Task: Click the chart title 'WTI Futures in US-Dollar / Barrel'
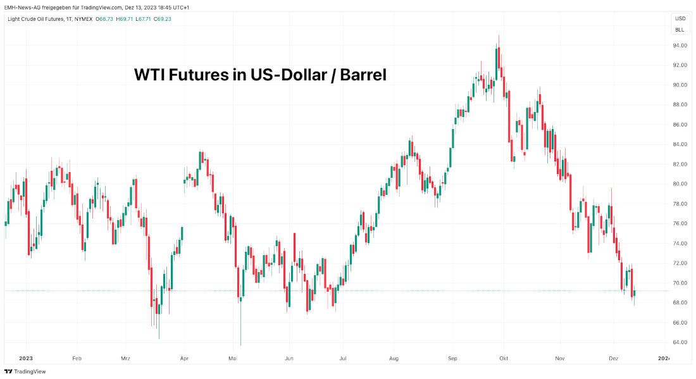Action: point(260,75)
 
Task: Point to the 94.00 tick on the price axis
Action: point(680,46)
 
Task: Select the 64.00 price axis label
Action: point(680,343)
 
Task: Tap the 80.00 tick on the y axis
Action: point(680,184)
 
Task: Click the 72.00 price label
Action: point(680,263)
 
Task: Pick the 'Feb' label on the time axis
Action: point(77,358)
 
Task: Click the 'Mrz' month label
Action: point(125,358)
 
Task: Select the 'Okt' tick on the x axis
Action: point(504,358)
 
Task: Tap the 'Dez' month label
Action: point(612,358)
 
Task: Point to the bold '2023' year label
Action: point(26,358)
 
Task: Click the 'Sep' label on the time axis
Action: point(453,358)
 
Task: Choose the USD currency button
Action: point(680,18)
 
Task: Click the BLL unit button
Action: point(680,30)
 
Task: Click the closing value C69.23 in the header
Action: point(161,19)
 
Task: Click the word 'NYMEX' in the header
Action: point(84,19)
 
